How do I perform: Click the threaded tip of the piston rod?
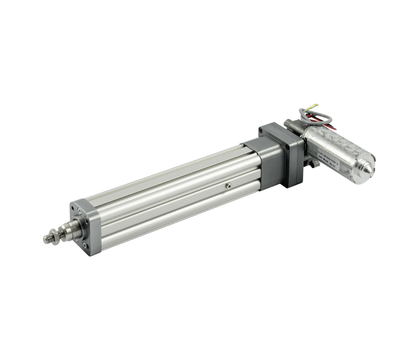coord(48,239)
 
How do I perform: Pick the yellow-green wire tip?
coord(314,105)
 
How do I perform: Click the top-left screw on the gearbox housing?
coord(261,130)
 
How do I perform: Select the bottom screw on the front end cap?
coord(85,245)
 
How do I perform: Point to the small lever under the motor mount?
coord(313,163)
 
